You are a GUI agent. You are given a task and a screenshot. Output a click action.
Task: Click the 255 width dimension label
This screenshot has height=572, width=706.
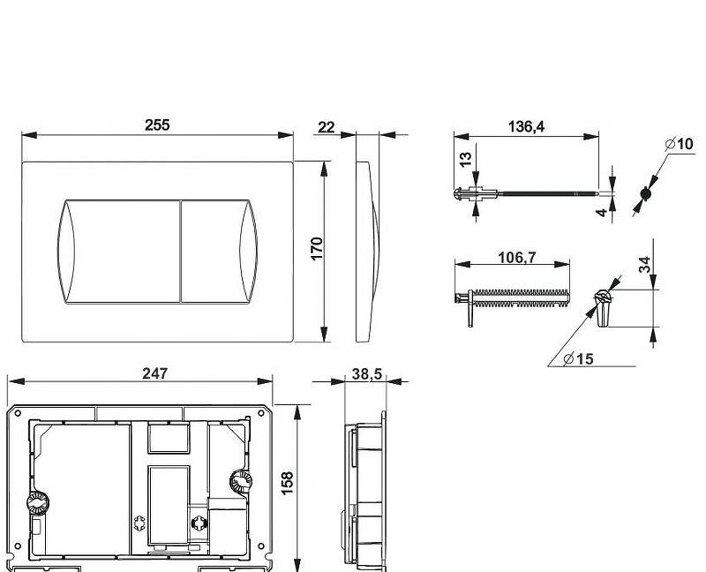pos(157,124)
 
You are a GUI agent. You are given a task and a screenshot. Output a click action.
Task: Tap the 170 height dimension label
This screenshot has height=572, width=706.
pos(317,248)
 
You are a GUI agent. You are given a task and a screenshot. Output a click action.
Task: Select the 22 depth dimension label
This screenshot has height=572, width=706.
pos(327,127)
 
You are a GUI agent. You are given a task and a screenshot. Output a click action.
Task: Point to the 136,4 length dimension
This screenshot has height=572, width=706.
pos(526,126)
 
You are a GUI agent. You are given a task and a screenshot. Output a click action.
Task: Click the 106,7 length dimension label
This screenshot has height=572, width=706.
pos(517,258)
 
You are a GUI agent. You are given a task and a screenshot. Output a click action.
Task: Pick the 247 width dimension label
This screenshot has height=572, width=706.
pos(155,373)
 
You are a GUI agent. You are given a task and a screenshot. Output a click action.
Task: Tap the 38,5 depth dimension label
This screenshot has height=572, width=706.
pos(366,373)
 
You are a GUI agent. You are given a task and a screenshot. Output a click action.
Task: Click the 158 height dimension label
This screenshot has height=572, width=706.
pos(288,483)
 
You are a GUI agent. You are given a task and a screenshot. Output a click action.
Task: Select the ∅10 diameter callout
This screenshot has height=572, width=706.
pos(679,144)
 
